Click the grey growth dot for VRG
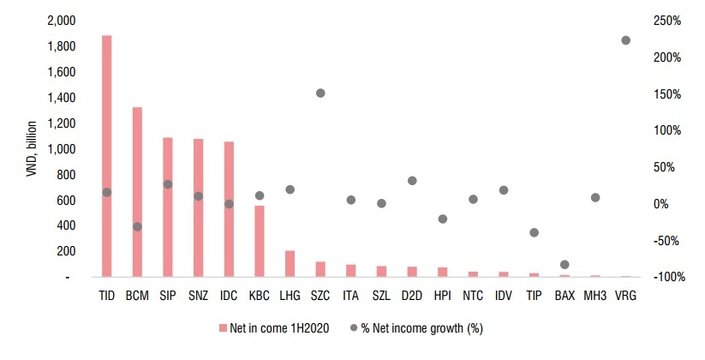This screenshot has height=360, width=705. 625,40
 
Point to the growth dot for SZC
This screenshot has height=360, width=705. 320,93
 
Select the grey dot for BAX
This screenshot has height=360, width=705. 564,265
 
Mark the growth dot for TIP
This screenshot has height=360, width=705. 534,232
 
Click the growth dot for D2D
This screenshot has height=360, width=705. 412,181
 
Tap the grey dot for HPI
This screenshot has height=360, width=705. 443,219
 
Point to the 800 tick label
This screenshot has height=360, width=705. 67,175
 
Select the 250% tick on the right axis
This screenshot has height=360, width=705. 665,21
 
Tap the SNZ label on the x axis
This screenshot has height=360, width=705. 198,295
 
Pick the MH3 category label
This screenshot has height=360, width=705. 594,295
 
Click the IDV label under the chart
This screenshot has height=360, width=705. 504,295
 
